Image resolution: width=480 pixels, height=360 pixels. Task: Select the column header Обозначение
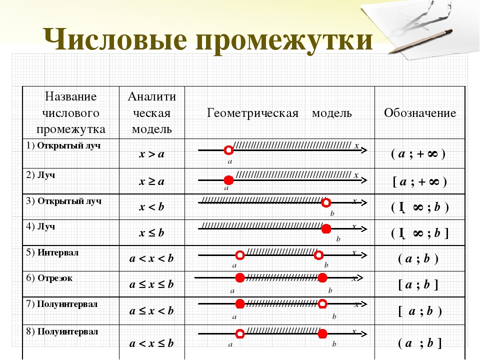420,113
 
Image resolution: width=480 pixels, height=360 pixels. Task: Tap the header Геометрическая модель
279,113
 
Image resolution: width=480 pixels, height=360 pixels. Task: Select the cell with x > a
151,154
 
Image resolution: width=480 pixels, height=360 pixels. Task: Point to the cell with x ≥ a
151,181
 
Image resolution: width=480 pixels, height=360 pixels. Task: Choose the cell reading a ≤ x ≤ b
151,285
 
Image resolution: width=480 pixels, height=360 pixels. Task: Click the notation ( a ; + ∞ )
418,154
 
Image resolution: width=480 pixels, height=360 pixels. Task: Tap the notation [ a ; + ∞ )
419,181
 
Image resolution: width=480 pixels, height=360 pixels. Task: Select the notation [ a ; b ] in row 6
418,285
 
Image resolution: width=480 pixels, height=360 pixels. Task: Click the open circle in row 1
228,149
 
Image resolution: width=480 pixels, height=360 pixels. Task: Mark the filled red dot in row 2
228,179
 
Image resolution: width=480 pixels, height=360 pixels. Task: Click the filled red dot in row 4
326,229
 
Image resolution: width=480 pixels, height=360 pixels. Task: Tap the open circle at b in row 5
319,255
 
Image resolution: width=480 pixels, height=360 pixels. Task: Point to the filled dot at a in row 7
240,303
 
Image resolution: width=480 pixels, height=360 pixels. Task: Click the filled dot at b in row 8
322,333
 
